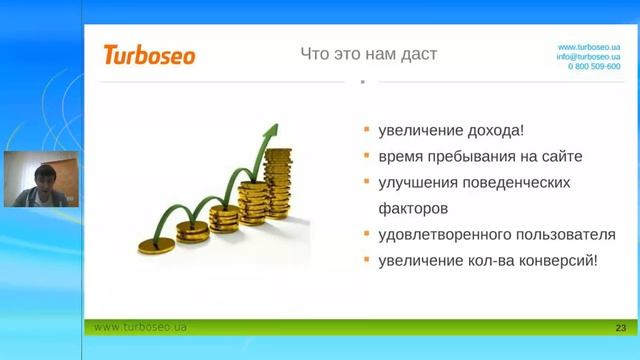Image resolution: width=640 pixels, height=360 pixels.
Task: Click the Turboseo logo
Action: click(149, 54)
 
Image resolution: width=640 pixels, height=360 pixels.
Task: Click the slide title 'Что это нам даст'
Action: click(369, 53)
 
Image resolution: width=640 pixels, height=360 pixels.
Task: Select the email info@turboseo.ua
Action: click(589, 57)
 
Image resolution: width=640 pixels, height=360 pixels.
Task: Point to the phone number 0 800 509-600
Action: click(594, 67)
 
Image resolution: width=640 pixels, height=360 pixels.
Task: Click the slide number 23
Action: click(620, 328)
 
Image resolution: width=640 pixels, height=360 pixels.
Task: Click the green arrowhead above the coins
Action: click(271, 133)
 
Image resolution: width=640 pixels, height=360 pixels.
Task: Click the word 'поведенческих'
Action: click(523, 183)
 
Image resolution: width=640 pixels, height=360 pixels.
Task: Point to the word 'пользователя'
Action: click(566, 235)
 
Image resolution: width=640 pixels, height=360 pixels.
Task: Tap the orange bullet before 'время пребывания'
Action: click(367, 156)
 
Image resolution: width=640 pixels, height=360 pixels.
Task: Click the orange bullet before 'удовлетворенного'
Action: click(367, 234)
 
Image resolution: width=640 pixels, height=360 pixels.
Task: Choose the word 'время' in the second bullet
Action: click(401, 157)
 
